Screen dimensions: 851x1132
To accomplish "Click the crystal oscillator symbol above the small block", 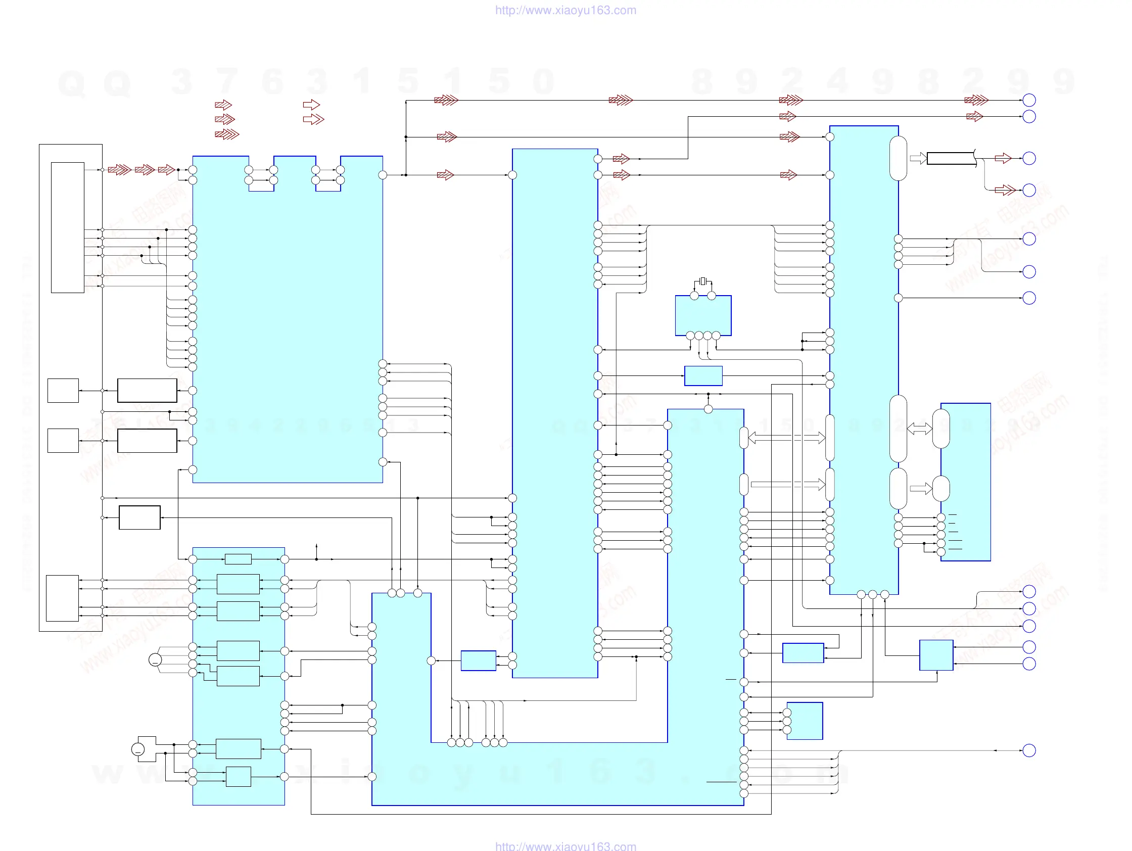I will (702, 281).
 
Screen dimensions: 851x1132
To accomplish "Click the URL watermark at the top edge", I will (565, 10).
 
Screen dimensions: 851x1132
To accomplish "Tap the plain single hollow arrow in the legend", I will (311, 105).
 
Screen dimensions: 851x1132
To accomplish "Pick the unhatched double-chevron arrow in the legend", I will (313, 119).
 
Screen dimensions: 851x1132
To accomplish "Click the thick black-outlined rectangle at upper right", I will (951, 158).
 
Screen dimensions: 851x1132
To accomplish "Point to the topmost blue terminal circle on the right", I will (1028, 100).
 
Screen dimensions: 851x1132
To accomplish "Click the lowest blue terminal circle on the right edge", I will (1028, 751).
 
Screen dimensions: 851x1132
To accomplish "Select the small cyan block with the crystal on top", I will (702, 316).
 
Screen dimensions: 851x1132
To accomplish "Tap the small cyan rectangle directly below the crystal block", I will (703, 375).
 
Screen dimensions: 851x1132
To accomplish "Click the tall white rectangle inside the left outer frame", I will (68, 228).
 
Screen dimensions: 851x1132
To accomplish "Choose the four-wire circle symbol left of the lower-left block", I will (155, 659).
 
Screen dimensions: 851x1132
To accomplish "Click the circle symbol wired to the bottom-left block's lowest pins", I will (137, 749).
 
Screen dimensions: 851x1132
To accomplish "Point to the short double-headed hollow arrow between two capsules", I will (919, 429).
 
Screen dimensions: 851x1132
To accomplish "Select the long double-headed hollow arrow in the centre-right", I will (786, 438).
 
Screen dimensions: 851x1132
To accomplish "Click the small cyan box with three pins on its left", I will (805, 721).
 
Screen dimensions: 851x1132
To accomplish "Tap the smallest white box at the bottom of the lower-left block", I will (239, 776).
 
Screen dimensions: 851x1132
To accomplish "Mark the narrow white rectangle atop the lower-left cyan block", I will (238, 559).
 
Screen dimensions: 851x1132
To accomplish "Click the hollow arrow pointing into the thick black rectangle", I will (918, 158).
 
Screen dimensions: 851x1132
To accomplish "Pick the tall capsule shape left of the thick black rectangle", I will (898, 158).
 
